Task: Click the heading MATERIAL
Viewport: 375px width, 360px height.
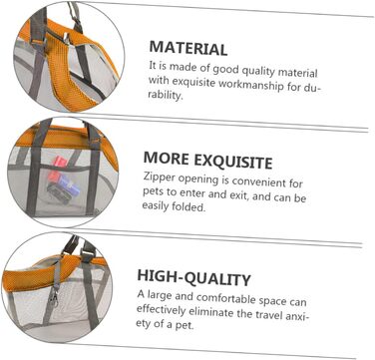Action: tap(188, 49)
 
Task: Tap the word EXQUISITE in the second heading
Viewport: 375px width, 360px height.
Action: tap(233, 161)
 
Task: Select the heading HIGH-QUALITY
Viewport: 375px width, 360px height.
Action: tap(193, 278)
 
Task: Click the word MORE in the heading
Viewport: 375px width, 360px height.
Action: tap(167, 158)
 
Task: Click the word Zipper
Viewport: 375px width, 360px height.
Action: tap(160, 178)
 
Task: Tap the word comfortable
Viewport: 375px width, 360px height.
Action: tap(229, 298)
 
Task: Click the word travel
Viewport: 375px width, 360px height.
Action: tap(267, 314)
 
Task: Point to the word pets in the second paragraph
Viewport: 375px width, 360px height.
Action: tap(152, 192)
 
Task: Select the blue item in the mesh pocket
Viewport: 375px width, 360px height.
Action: tap(71, 185)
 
